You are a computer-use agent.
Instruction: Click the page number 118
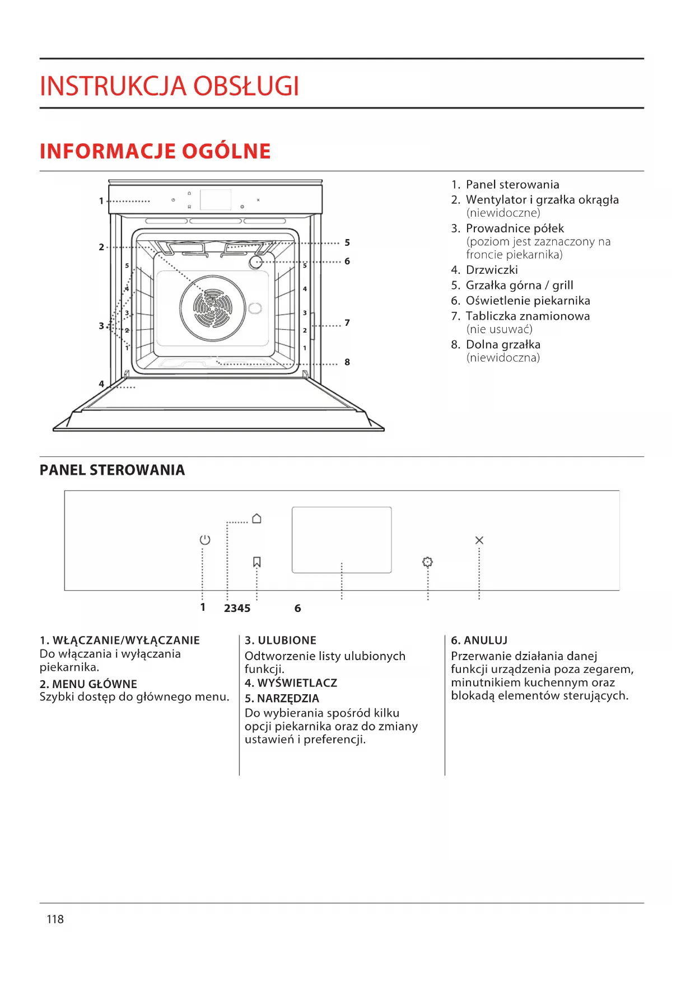(x=55, y=919)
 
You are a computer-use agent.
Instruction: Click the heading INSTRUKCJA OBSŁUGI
(x=169, y=86)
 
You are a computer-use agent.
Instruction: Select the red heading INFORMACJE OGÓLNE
(x=155, y=151)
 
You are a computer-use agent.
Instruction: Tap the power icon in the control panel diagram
(x=205, y=540)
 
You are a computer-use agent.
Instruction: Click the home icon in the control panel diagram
(x=256, y=518)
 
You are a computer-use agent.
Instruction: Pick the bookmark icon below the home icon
(x=257, y=562)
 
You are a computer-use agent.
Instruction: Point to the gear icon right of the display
(x=427, y=562)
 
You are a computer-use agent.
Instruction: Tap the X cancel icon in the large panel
(x=479, y=540)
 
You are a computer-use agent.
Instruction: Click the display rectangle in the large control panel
(x=342, y=539)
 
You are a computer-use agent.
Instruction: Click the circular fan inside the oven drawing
(x=213, y=308)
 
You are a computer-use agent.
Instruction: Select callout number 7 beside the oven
(x=347, y=322)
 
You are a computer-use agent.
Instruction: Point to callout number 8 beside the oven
(x=347, y=362)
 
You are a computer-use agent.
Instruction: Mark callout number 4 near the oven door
(x=101, y=384)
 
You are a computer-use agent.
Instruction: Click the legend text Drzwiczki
(x=492, y=270)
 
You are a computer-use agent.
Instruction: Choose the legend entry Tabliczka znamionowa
(x=528, y=316)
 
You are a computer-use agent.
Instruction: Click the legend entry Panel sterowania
(x=512, y=185)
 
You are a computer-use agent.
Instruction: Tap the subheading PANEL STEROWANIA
(x=112, y=470)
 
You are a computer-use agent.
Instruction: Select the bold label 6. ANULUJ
(x=479, y=640)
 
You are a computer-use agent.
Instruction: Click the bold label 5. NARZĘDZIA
(x=282, y=698)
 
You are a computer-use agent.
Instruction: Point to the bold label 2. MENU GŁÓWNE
(x=88, y=684)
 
